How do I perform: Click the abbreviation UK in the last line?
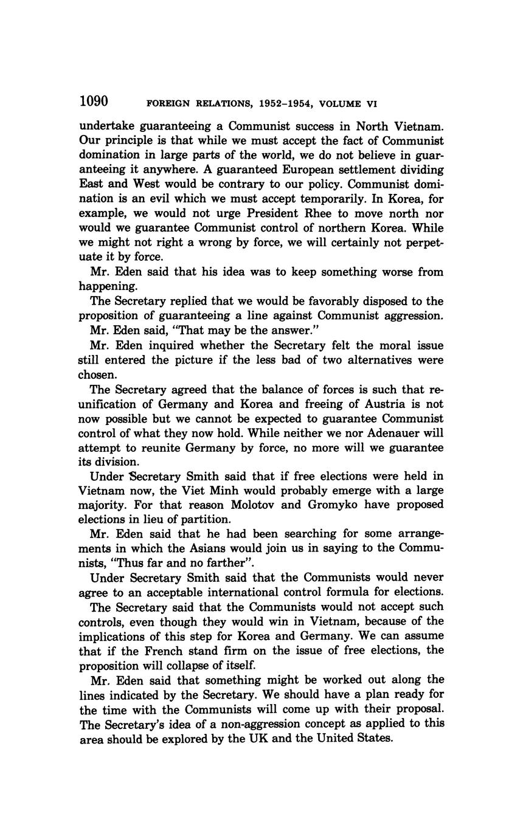pos(289,738)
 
